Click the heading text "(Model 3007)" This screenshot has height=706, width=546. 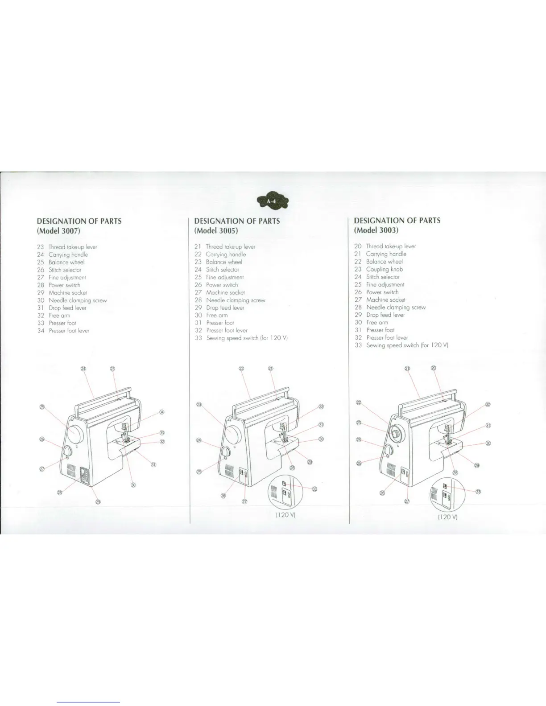(x=58, y=231)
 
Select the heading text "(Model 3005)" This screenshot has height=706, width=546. (x=216, y=231)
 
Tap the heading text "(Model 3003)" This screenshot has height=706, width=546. (x=376, y=230)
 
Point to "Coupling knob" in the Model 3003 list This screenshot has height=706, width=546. (x=384, y=269)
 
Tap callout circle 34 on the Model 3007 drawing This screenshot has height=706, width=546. (x=162, y=412)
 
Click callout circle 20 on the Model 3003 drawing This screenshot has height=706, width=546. (x=434, y=368)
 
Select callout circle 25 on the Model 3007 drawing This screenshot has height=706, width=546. (x=42, y=406)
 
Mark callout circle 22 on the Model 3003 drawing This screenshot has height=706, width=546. (x=358, y=403)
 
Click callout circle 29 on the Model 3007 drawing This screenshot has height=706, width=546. (x=98, y=502)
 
